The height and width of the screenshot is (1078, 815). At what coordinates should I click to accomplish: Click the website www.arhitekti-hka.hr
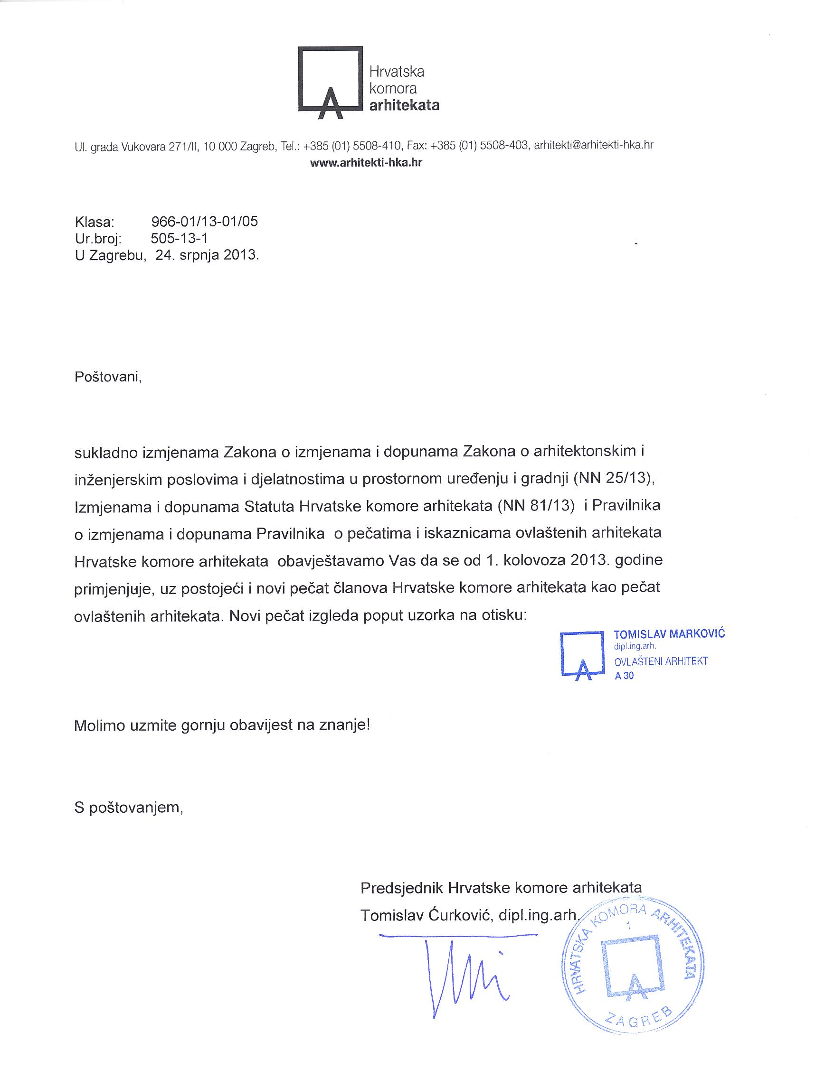[366, 163]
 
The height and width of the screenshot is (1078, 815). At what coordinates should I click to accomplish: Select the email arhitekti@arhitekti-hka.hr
[594, 145]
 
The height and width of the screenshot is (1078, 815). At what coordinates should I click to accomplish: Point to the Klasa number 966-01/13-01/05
[204, 222]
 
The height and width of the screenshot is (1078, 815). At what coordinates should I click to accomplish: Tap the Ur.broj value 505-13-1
[180, 238]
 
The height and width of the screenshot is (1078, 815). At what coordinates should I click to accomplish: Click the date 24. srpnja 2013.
[207, 254]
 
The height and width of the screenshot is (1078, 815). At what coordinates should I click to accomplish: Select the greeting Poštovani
[108, 377]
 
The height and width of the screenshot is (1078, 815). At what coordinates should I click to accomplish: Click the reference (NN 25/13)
[613, 479]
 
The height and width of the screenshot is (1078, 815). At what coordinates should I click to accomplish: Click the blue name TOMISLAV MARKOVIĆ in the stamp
[669, 634]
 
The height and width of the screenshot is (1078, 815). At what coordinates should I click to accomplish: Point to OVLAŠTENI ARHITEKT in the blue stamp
[661, 661]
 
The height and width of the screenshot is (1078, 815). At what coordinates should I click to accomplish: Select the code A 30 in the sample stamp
[624, 676]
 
